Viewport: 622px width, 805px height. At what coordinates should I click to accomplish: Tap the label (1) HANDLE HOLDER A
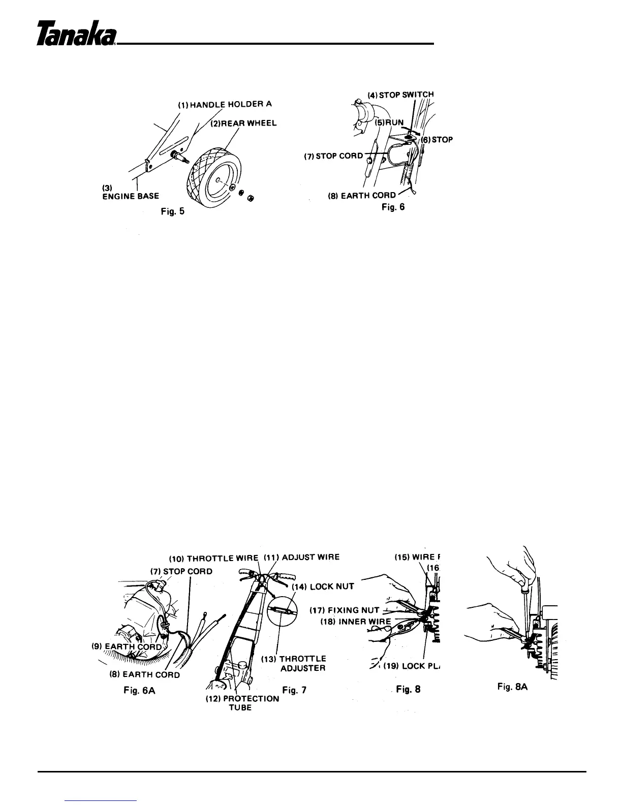(225, 105)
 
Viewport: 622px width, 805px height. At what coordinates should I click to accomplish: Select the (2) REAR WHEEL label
(244, 123)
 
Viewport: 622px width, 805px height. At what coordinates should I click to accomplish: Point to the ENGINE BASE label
(131, 196)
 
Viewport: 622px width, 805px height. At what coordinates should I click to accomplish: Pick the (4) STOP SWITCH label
(400, 94)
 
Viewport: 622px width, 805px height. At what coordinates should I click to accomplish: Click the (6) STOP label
(437, 139)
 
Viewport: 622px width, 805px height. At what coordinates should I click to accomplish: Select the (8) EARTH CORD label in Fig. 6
(362, 195)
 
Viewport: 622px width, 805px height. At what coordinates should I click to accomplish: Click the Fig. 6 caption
(393, 207)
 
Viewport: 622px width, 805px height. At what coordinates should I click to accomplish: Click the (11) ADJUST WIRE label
(303, 556)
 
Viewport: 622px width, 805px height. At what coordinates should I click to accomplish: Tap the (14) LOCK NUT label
(323, 586)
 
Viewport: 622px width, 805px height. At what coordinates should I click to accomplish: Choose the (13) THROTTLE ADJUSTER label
(300, 663)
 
